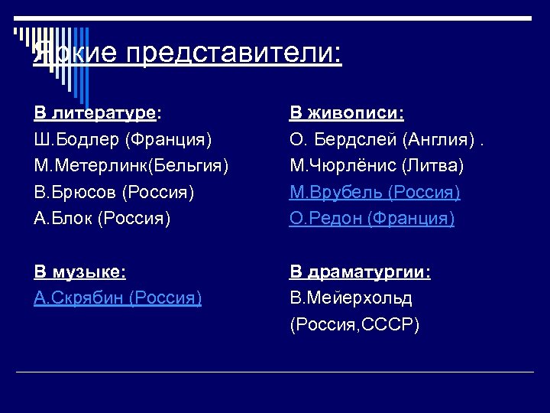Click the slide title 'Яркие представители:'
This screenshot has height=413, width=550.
tap(187, 53)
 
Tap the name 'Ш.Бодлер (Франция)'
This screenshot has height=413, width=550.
tap(123, 139)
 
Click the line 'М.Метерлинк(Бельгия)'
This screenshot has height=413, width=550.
tap(131, 165)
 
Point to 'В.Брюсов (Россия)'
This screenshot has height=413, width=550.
tap(114, 191)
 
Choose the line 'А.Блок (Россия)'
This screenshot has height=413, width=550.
tap(102, 218)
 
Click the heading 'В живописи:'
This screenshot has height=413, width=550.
tap(347, 114)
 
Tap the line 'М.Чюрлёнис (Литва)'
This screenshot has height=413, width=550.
tap(377, 165)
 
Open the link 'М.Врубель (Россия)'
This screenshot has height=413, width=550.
tap(374, 191)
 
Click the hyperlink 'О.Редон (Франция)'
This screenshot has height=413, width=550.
tap(372, 218)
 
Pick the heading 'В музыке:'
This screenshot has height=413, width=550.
tap(80, 272)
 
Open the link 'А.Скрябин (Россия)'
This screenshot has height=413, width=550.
tap(118, 298)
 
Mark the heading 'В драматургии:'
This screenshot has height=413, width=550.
tap(360, 272)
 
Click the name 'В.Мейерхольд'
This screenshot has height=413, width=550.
tap(351, 298)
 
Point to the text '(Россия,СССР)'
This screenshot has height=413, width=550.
tap(354, 324)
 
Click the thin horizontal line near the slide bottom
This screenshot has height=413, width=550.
tap(275, 372)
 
